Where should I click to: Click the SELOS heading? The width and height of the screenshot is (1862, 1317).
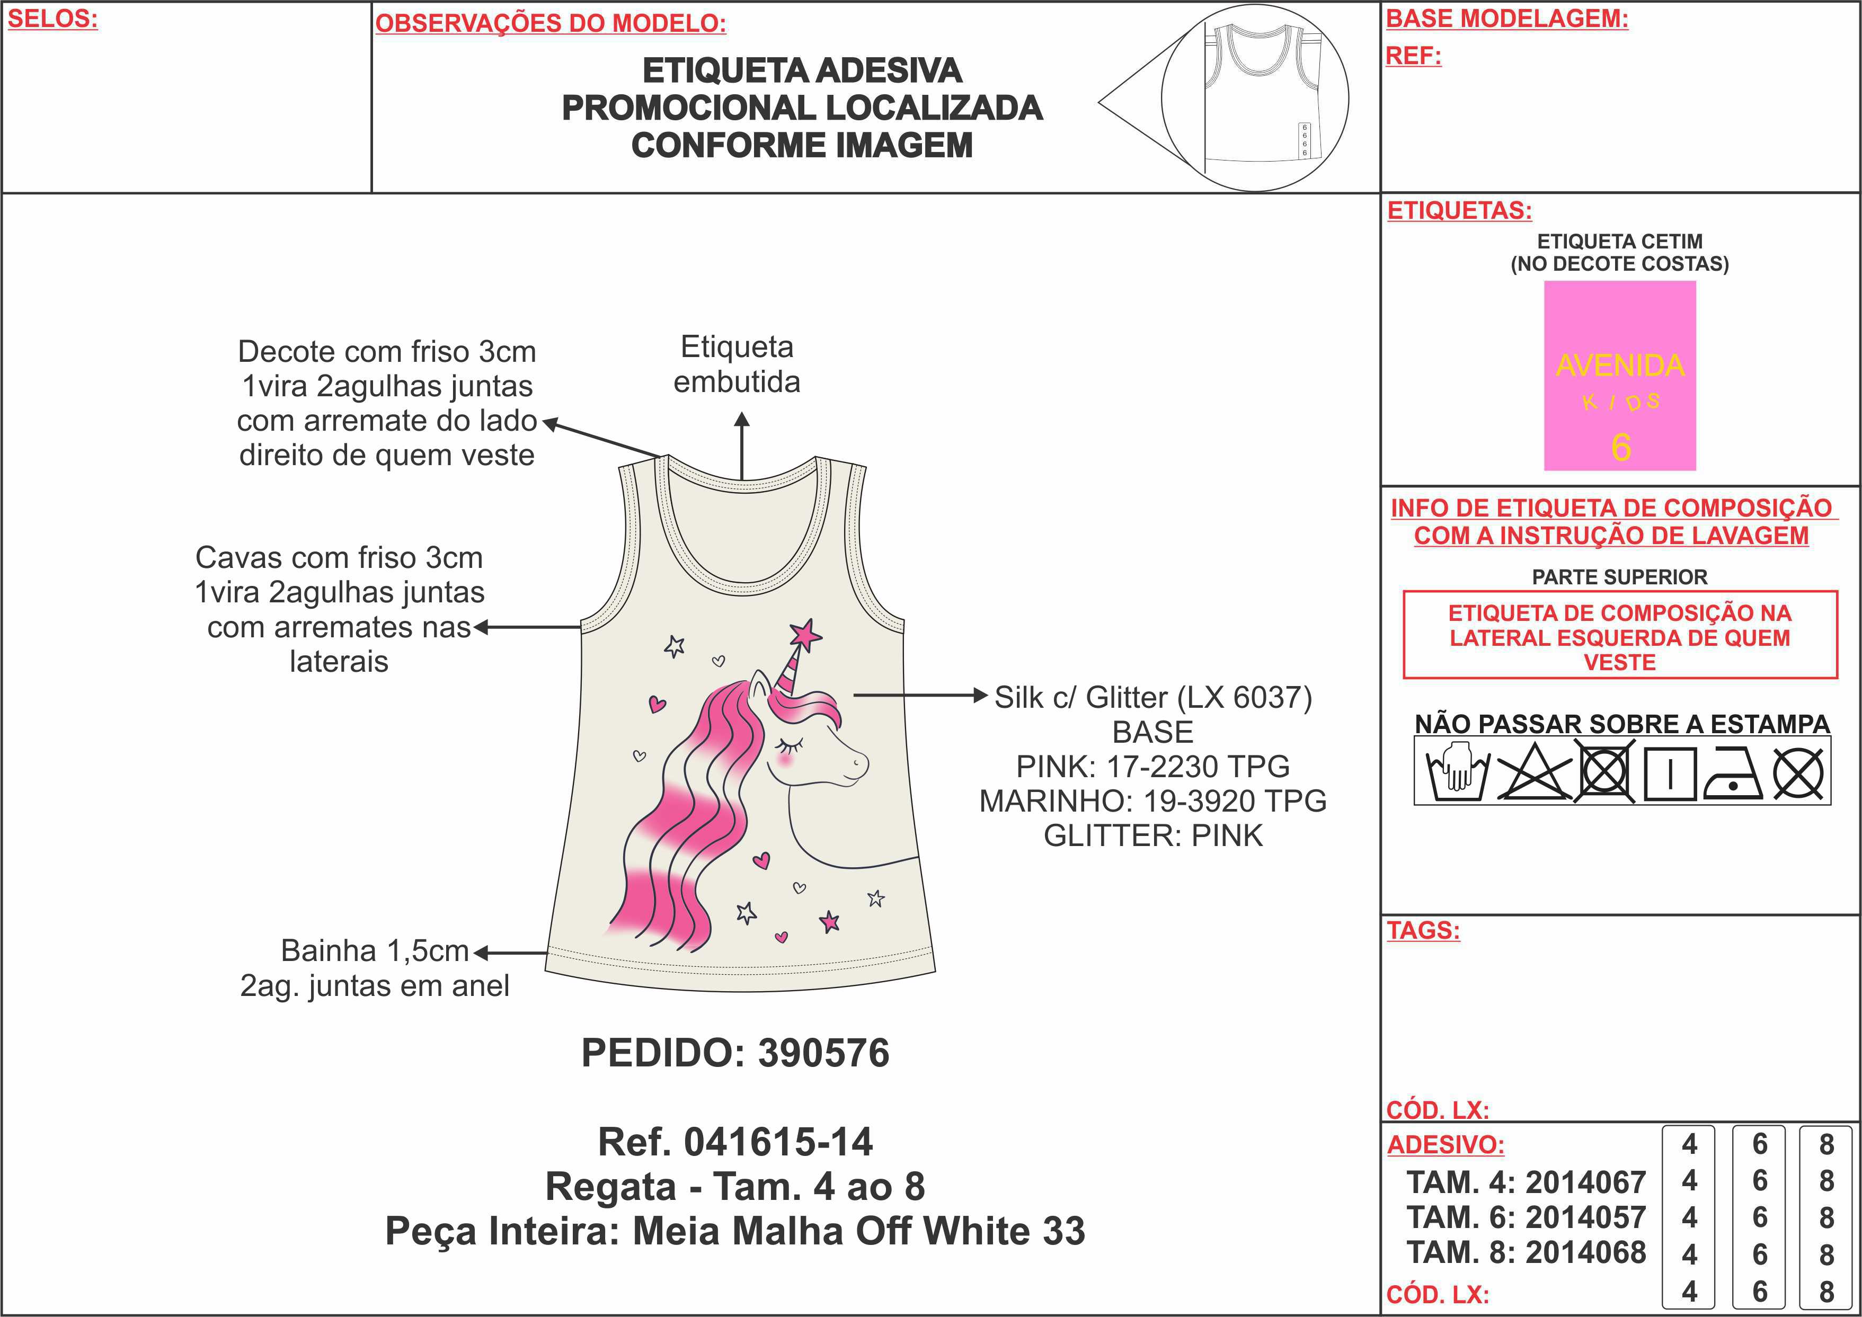coord(52,19)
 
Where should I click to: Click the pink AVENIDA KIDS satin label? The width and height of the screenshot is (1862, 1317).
coord(1619,376)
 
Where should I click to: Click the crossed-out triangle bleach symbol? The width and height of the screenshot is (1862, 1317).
coord(1533,773)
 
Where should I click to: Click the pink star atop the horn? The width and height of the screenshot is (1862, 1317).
coord(805,634)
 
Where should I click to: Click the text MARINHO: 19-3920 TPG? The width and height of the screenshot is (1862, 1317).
coord(1152,801)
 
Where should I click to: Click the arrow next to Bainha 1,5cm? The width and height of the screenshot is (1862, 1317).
coord(511,954)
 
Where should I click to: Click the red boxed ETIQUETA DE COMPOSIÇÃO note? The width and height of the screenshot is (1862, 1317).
coord(1619,637)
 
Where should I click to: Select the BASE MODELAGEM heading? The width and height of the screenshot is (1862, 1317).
coord(1507,19)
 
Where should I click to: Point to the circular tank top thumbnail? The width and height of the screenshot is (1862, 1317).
coord(1255,97)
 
